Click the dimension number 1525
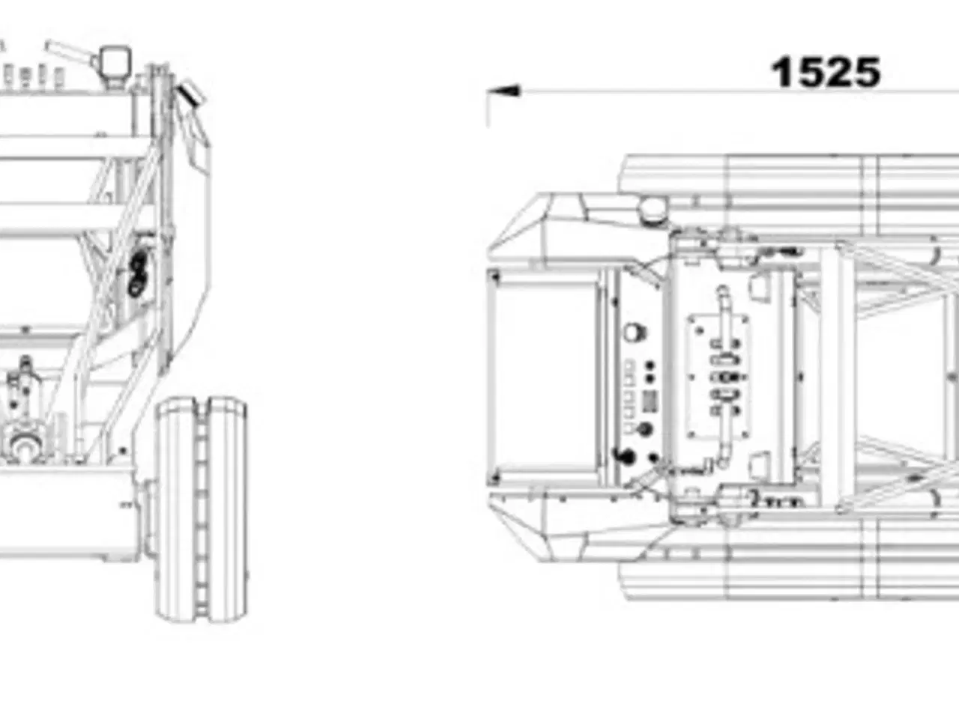[826, 73]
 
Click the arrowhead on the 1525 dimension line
[503, 91]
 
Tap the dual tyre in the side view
[202, 509]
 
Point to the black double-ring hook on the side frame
[137, 275]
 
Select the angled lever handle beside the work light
[69, 51]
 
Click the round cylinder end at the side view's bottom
[25, 446]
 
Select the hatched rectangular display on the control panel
[650, 401]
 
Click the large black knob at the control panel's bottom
[625, 456]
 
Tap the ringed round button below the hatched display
[645, 430]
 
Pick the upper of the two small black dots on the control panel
[650, 365]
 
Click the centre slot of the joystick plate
[723, 377]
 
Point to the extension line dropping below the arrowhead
[487, 109]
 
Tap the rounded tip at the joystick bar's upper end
[722, 291]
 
